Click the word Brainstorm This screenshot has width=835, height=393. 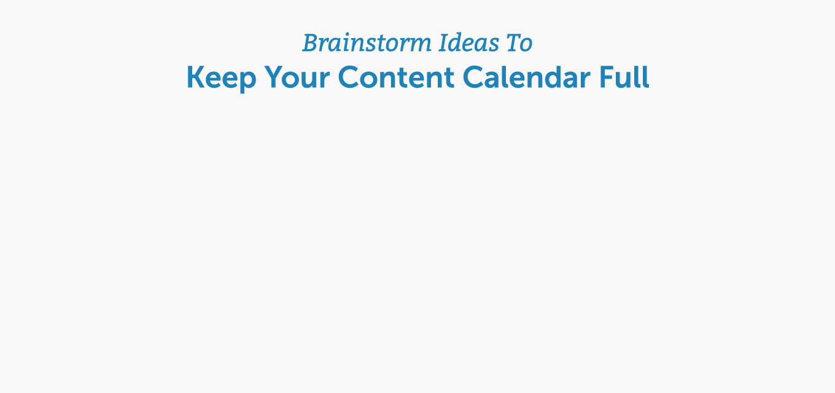click(x=367, y=43)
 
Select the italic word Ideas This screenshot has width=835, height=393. click(x=469, y=43)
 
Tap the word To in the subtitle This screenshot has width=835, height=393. click(x=519, y=43)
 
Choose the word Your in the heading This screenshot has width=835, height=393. click(x=297, y=77)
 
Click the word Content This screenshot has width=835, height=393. click(x=396, y=77)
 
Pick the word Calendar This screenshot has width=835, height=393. click(x=526, y=77)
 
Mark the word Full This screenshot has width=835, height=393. click(x=624, y=77)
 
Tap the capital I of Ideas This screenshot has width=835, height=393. click(x=444, y=43)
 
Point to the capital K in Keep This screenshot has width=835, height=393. click(x=195, y=77)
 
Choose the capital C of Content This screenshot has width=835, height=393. click(x=349, y=77)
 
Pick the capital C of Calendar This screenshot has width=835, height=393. click(x=473, y=77)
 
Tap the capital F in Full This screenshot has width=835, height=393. click(x=607, y=77)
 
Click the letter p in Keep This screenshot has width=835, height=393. click(x=248, y=82)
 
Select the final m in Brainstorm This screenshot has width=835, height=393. click(x=420, y=46)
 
